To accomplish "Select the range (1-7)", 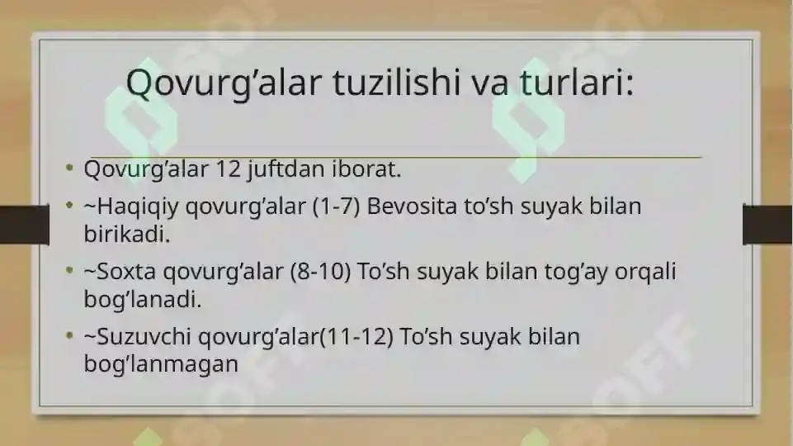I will click(336, 207).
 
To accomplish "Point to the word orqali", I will click(645, 273).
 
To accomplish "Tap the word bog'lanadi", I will click(143, 300).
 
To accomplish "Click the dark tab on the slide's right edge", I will click(767, 225).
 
